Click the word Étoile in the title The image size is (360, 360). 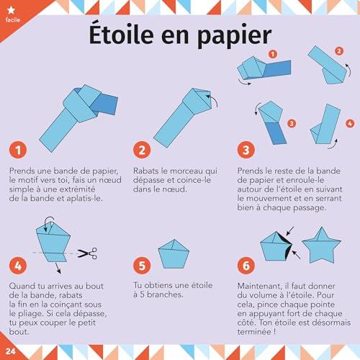121,34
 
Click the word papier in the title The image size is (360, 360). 234,37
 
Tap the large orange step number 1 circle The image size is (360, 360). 18,150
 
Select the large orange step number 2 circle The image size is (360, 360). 142,150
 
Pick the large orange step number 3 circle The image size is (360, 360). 246,150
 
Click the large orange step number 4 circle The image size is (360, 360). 18,266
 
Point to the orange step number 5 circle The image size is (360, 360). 142,266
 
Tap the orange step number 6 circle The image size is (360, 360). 246,266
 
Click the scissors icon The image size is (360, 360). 87,253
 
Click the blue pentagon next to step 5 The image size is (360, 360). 174,254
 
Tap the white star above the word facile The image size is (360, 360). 11,10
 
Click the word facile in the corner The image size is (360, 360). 13,19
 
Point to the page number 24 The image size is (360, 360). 10,351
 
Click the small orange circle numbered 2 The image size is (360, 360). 339,51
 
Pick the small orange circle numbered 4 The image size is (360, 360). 350,123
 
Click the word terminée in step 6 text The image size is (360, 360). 254,332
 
